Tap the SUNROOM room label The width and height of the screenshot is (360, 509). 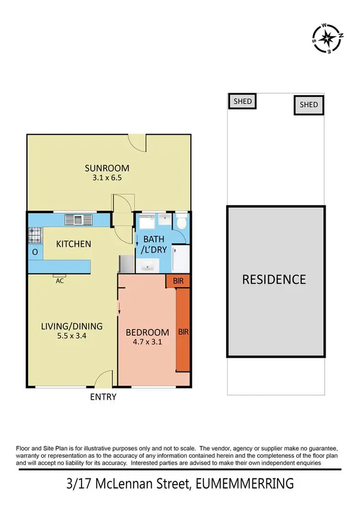(x=107, y=168)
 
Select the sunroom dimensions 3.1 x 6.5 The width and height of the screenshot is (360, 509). (x=107, y=177)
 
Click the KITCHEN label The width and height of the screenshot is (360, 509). (x=73, y=244)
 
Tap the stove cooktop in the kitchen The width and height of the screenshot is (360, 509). (x=35, y=236)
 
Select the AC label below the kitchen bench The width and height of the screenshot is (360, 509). (x=60, y=281)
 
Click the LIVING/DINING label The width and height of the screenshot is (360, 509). (x=72, y=327)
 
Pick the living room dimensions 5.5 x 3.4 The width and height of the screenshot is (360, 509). (x=72, y=336)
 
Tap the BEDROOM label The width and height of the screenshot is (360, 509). (x=147, y=332)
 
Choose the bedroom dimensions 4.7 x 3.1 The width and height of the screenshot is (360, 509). (x=147, y=342)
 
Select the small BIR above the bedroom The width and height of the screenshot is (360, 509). (x=178, y=281)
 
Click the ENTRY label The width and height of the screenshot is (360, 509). (x=103, y=397)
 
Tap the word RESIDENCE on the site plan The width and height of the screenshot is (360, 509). (x=274, y=279)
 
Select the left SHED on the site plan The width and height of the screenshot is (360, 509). (x=242, y=101)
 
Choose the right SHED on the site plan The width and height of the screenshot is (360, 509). (x=309, y=105)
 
